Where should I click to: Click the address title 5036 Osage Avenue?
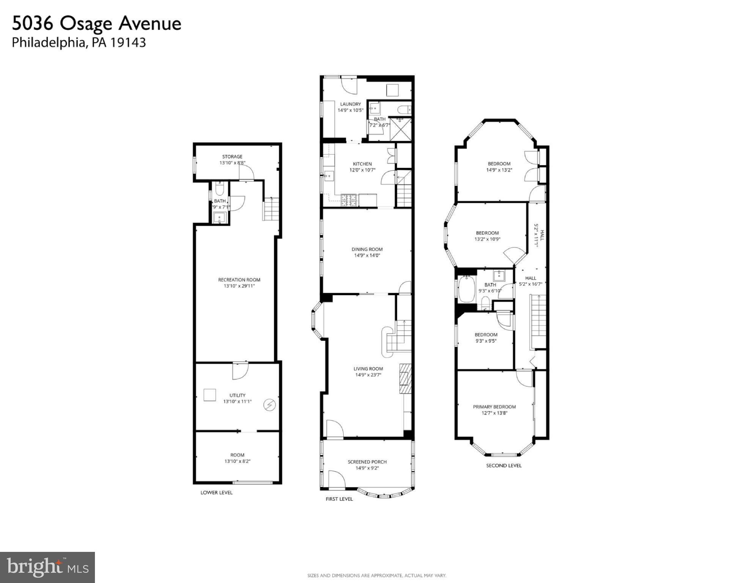96,24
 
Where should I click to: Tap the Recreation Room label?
239,280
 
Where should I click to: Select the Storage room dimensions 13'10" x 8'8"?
232,163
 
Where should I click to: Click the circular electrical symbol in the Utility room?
270,405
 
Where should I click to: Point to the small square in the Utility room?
210,395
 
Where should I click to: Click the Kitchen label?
362,164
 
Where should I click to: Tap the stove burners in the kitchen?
349,200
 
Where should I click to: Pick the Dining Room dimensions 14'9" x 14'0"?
367,256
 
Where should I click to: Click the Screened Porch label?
367,462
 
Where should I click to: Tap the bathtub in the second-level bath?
465,289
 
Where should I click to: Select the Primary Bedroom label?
494,407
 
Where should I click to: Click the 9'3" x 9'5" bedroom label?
486,341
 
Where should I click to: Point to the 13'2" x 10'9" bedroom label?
487,239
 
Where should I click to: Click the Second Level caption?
504,465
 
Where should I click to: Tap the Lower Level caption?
216,493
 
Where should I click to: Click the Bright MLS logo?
47,567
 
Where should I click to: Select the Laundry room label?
350,104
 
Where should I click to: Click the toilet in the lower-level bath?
219,189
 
